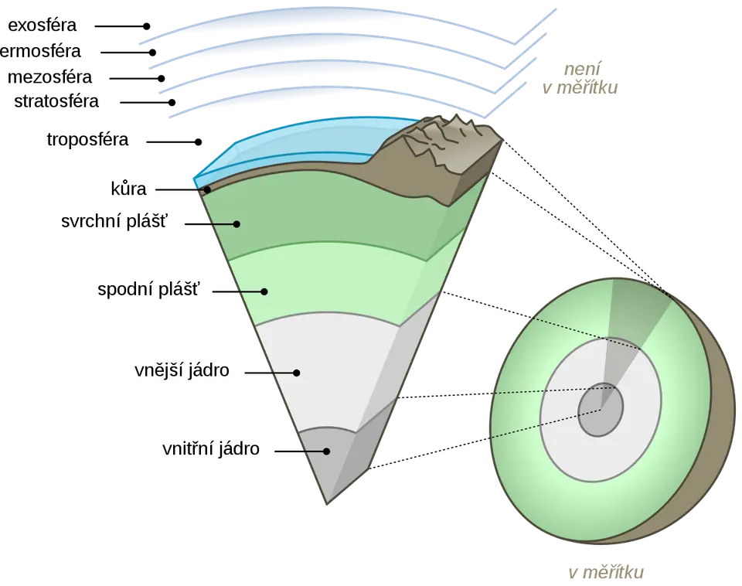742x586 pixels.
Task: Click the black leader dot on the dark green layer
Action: pos(238,224)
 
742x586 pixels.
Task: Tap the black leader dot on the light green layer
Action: pos(264,291)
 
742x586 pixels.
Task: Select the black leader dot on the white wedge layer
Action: pos(297,373)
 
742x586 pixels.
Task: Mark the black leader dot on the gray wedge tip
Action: pos(327,451)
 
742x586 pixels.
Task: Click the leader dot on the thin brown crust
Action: pos(207,189)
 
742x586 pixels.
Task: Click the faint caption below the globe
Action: pos(606,573)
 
